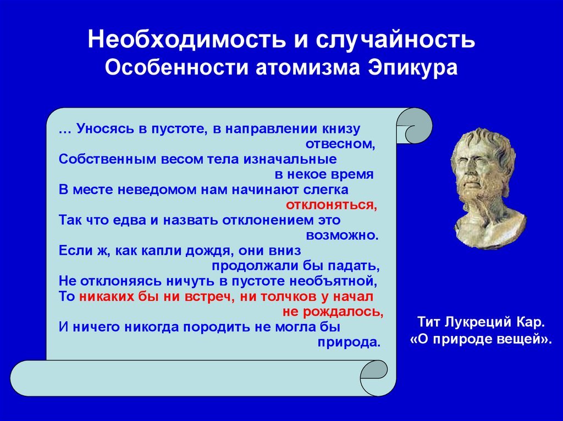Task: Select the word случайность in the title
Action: [x=395, y=39]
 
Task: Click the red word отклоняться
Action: [x=332, y=205]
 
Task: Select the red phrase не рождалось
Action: [x=333, y=312]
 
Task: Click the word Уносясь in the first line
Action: [x=104, y=129]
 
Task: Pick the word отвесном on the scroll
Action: [x=340, y=144]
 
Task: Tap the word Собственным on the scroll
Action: [x=107, y=159]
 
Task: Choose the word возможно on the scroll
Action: [x=342, y=235]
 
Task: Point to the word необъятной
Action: [x=333, y=281]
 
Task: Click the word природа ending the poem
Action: [x=349, y=343]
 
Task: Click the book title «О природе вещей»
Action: [x=481, y=339]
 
